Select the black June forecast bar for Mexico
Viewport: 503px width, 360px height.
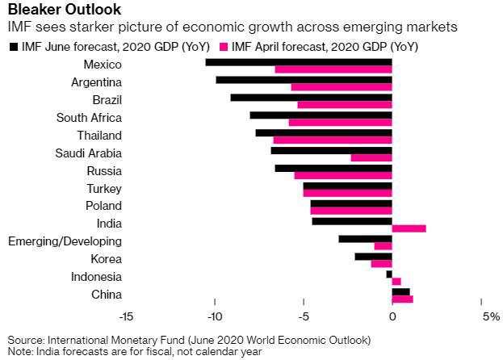click(x=298, y=61)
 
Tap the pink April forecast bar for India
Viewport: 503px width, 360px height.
click(x=409, y=228)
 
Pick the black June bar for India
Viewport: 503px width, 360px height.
click(x=351, y=220)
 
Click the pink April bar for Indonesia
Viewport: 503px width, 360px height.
click(x=396, y=281)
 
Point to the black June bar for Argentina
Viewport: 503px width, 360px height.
click(x=304, y=79)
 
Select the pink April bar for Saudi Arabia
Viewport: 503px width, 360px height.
click(x=371, y=157)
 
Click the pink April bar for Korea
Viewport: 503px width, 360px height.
click(x=381, y=264)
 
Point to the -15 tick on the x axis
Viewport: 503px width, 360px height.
click(x=126, y=316)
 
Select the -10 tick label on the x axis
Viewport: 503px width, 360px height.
click(x=215, y=316)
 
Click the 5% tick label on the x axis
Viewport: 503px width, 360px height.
click(x=491, y=316)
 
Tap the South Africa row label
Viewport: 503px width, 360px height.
click(x=89, y=117)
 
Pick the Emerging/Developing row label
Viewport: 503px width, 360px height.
click(x=65, y=241)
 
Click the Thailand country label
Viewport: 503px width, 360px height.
click(x=99, y=135)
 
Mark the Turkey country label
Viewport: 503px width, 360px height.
click(x=104, y=188)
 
